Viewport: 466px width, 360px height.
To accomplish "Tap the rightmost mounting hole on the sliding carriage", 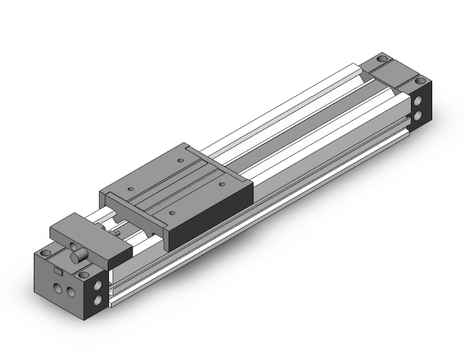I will [222, 185].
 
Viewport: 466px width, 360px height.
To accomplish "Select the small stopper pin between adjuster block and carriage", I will [119, 233].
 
